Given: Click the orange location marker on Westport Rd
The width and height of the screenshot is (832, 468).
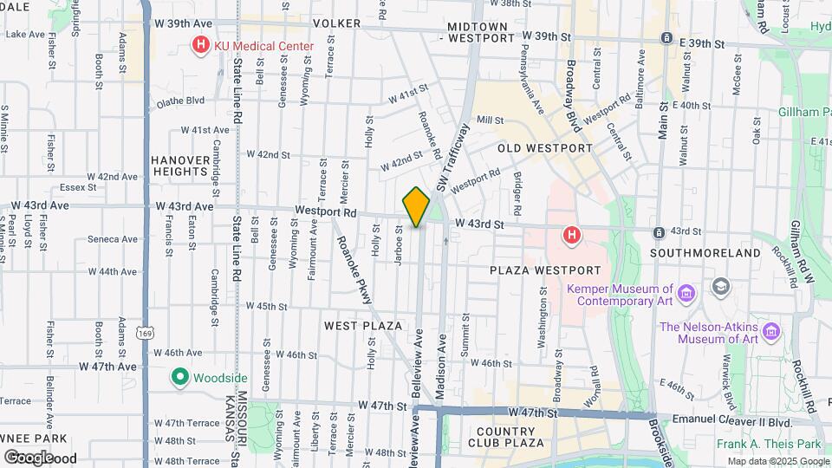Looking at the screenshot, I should pos(416,206).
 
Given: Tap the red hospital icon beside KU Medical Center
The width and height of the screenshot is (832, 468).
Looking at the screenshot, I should pos(201,44).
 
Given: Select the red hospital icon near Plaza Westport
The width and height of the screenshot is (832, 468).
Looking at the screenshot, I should pos(571,234).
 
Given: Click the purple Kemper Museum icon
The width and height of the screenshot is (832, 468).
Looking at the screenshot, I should pos(686,293).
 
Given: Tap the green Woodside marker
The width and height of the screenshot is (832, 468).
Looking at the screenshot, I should pos(180,378).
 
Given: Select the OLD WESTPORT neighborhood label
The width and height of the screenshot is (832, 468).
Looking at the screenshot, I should pos(544,148).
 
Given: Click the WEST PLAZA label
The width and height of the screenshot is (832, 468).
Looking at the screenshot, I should pos(363,326).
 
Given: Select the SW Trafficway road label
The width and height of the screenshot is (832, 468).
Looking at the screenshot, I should pos(453,157).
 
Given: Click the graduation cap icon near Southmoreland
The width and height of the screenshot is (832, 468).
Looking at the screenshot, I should pos(720,286).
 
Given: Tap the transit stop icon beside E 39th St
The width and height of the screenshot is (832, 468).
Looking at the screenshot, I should pos(666,38).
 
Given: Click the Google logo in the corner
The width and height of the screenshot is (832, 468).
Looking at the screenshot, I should pos(29,457).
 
